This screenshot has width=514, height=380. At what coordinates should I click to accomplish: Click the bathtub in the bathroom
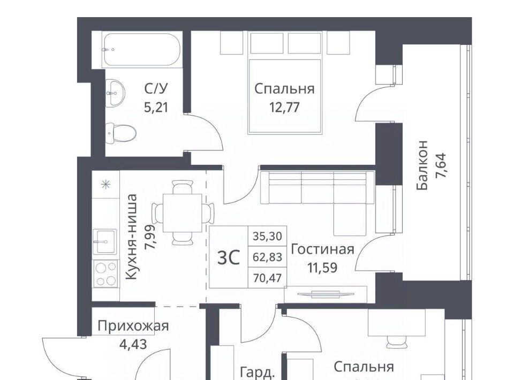[141, 50]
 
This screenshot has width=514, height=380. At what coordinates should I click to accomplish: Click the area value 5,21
[156, 107]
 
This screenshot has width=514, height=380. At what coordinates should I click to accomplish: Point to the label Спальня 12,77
[284, 97]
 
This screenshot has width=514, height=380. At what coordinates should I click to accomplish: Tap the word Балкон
[422, 165]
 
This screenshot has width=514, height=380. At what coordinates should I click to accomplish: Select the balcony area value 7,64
[441, 165]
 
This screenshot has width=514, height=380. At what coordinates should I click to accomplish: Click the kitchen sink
[105, 241]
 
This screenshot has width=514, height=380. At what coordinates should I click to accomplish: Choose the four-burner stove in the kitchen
[105, 273]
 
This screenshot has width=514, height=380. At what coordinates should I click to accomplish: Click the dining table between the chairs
[182, 212]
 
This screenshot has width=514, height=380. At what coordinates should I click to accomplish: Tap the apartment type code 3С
[229, 257]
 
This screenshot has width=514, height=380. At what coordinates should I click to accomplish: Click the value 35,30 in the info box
[268, 236]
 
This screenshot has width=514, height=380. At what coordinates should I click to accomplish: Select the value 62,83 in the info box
[268, 257]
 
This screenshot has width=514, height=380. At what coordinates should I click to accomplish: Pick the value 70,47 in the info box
[268, 278]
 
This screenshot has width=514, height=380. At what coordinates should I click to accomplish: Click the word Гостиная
[322, 249]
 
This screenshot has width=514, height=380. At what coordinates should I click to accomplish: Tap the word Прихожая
[133, 326]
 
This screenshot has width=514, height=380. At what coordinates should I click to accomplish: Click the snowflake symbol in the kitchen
[105, 185]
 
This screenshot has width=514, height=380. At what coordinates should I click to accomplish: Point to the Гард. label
[258, 373]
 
